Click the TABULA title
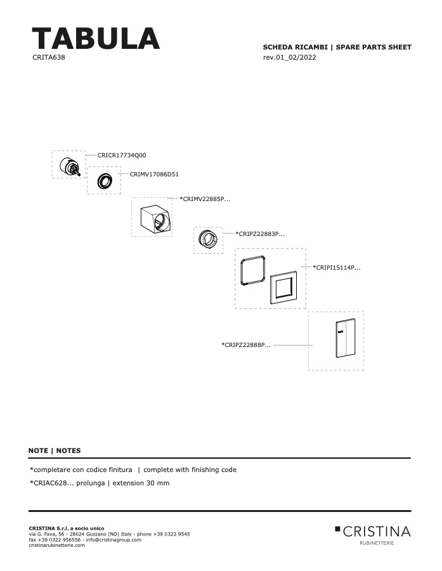(96, 38)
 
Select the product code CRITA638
(49, 57)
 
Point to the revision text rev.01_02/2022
(289, 57)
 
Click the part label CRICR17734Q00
(122, 155)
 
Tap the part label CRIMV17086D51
(154, 174)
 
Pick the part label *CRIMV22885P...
(205, 199)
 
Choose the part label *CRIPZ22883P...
(260, 233)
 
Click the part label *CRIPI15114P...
(337, 267)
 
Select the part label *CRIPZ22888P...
(246, 345)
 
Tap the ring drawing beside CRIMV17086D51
(105, 181)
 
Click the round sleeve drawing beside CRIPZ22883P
(209, 239)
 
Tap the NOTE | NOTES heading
(55, 450)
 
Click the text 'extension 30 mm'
(141, 483)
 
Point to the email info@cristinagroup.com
(114, 540)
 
